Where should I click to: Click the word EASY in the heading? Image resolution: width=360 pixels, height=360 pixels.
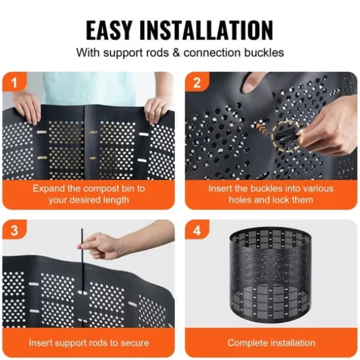109,30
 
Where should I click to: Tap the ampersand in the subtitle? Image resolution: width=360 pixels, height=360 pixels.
176,53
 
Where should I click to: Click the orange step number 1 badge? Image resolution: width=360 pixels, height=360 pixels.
15,82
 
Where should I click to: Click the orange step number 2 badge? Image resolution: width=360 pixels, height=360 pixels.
197,82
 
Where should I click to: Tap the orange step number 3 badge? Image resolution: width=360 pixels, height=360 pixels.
15,230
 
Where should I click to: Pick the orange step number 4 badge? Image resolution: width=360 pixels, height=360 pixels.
197,230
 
